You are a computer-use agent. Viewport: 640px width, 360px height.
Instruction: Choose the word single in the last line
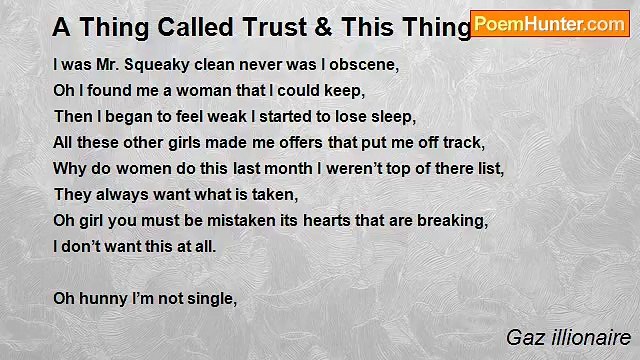[209, 297]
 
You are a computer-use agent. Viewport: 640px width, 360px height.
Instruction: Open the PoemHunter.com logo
[549, 24]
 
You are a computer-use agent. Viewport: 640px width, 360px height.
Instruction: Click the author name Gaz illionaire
[567, 337]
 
